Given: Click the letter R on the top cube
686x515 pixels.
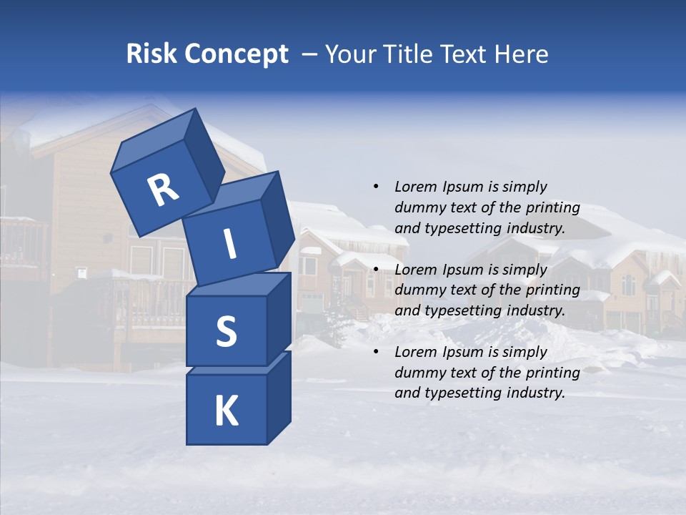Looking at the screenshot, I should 163,190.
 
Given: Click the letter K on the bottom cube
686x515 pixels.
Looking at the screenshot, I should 226,411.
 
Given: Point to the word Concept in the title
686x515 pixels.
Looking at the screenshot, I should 236,54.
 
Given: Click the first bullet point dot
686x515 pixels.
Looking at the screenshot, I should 376,187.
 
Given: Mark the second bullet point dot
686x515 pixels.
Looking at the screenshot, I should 376,270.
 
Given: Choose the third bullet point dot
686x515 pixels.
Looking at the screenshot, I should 376,352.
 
